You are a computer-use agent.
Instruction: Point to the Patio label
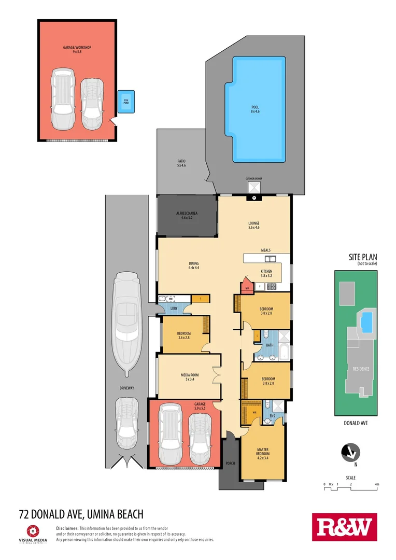point(181,164)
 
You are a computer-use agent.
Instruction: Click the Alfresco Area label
point(187,216)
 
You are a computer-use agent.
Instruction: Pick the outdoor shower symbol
point(254,188)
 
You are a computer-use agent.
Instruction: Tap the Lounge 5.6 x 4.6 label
point(253,226)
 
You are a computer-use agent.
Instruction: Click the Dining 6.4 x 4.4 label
point(194,266)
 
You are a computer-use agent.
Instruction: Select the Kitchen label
point(266,274)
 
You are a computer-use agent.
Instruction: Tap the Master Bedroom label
point(263,453)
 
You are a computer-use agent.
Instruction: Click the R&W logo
point(344,528)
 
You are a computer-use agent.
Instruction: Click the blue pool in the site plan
point(366,323)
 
